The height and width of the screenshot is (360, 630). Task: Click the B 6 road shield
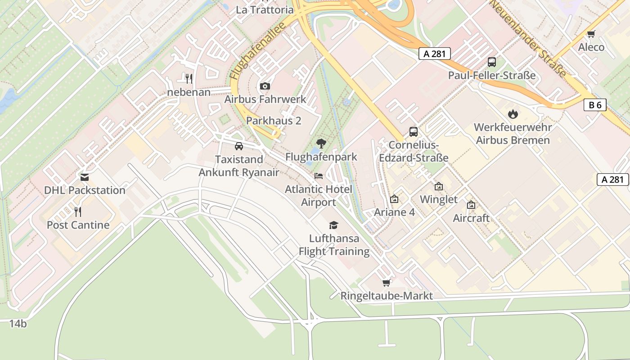pyautogui.click(x=595, y=105)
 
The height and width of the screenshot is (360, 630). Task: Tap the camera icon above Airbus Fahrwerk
pyautogui.click(x=265, y=86)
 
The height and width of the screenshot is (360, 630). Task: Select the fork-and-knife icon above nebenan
pyautogui.click(x=189, y=78)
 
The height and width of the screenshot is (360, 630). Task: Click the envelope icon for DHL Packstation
pyautogui.click(x=84, y=177)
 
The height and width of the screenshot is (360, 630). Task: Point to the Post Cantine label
pyautogui.click(x=78, y=225)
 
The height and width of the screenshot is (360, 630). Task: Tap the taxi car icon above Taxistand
pyautogui.click(x=239, y=146)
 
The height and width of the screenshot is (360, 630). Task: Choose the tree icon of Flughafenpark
pyautogui.click(x=321, y=144)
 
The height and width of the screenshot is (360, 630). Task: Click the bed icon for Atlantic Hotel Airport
pyautogui.click(x=319, y=176)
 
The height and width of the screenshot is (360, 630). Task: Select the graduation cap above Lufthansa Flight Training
pyautogui.click(x=333, y=225)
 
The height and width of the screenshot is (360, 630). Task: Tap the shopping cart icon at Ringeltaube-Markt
pyautogui.click(x=386, y=283)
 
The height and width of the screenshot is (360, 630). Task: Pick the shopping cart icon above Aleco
pyautogui.click(x=591, y=34)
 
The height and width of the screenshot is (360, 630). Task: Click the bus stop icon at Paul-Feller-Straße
pyautogui.click(x=492, y=62)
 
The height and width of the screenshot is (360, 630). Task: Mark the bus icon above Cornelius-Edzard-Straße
pyautogui.click(x=413, y=132)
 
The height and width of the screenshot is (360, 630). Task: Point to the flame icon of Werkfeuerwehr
pyautogui.click(x=513, y=114)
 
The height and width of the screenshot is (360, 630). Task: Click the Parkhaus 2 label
pyautogui.click(x=274, y=121)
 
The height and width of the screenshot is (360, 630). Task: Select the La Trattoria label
pyautogui.click(x=265, y=9)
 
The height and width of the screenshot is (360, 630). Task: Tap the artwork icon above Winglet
pyautogui.click(x=439, y=186)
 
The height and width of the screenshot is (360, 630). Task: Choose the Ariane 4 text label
pyautogui.click(x=395, y=212)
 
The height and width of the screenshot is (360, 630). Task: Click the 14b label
pyautogui.click(x=18, y=323)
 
